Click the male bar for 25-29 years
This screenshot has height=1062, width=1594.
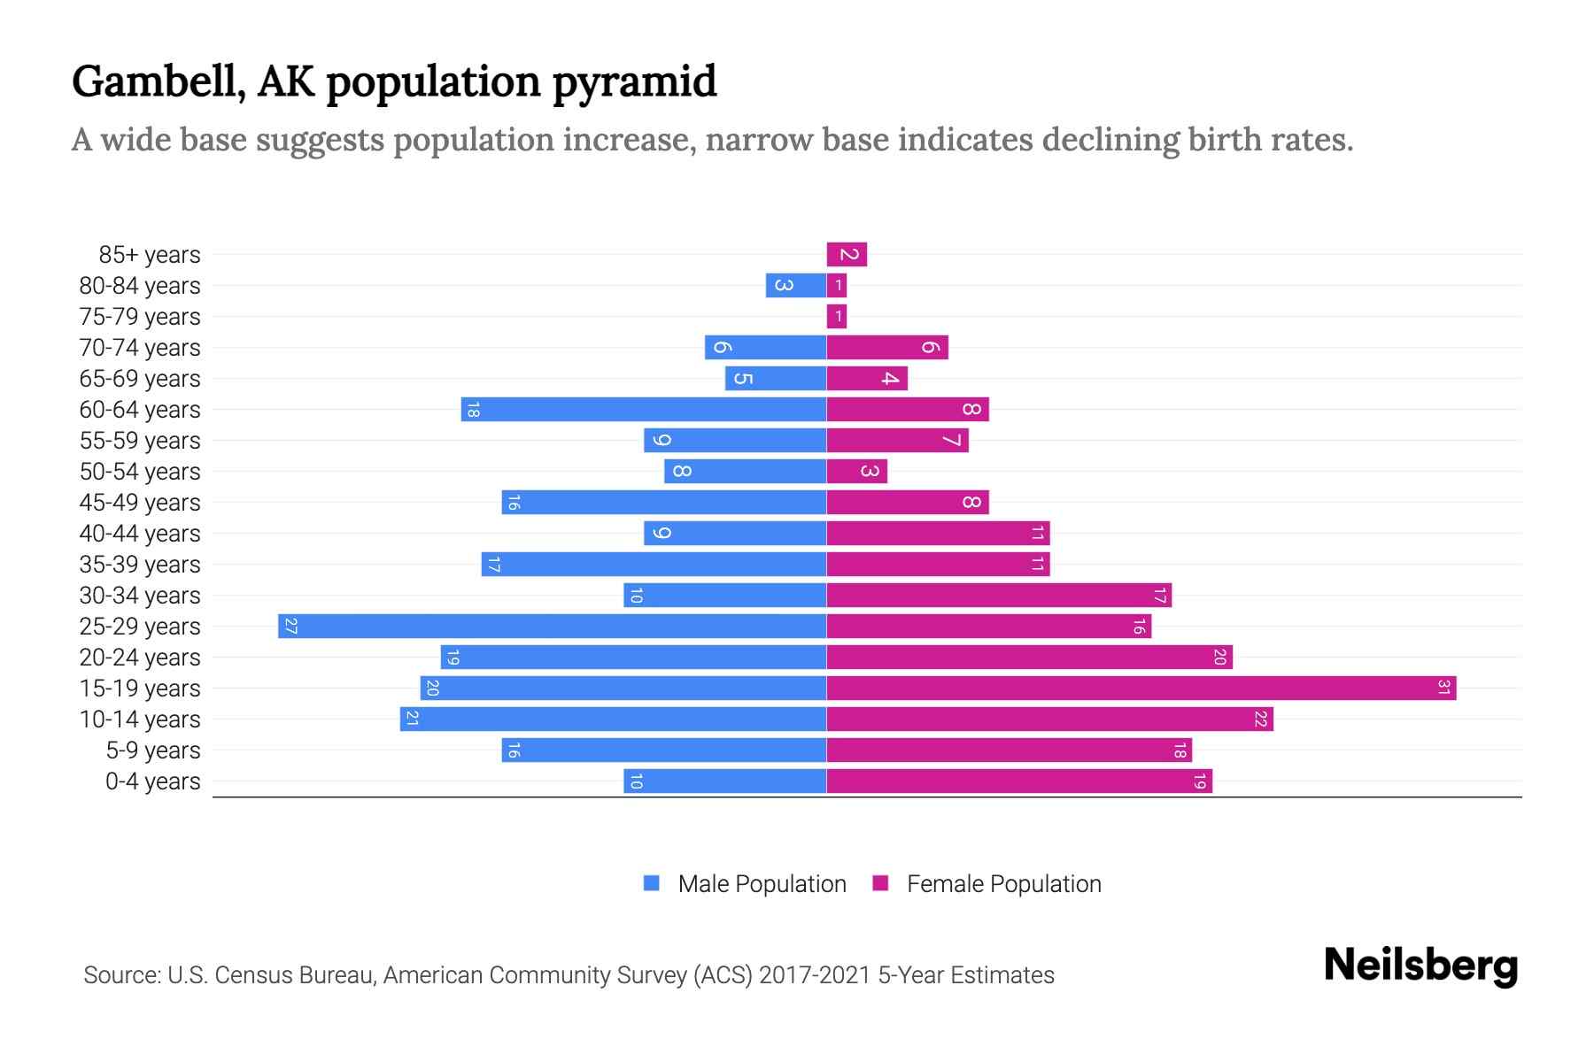(552, 627)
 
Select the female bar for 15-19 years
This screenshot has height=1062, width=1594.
(1141, 689)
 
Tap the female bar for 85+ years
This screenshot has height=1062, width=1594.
(847, 255)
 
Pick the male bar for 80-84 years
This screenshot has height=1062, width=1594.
(795, 286)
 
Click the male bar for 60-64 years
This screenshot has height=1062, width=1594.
(644, 410)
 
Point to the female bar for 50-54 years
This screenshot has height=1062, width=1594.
(856, 472)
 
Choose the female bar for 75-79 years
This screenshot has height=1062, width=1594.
(837, 317)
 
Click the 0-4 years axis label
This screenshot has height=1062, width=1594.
(152, 781)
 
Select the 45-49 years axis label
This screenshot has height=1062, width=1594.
(140, 503)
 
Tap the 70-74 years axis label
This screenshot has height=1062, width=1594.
(140, 348)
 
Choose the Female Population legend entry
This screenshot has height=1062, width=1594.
(987, 884)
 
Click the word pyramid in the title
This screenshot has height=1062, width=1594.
(634, 81)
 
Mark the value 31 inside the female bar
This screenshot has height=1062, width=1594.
(1443, 689)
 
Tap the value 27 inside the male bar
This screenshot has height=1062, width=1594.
(290, 627)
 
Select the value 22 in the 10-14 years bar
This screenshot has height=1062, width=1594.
(1260, 720)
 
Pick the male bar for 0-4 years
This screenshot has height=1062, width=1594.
(724, 781)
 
